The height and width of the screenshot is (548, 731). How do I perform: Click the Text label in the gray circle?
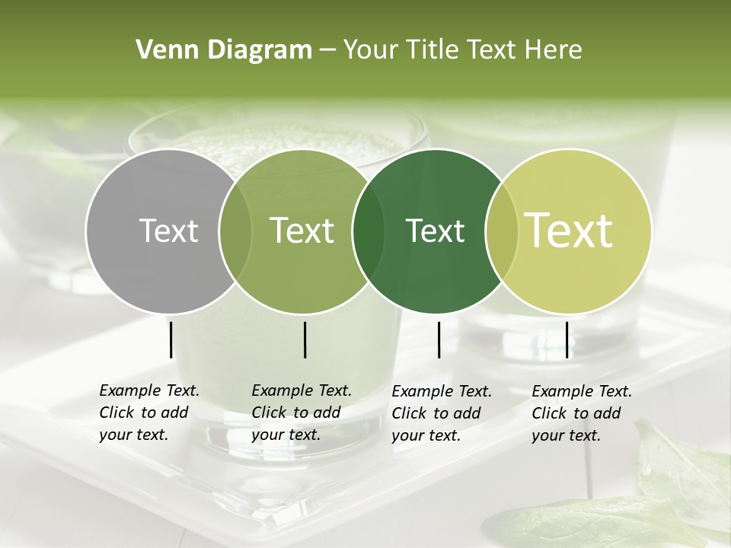coord(168,231)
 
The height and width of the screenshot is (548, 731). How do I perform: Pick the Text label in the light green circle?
coord(302,231)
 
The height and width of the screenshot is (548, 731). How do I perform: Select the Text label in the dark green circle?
coord(435,231)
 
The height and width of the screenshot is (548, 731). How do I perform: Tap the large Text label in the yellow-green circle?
coord(569,231)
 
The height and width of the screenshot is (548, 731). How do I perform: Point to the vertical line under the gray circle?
coord(171,339)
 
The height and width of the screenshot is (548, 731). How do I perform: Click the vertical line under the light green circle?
coord(305,339)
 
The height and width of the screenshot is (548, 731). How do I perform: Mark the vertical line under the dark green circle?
coord(439,339)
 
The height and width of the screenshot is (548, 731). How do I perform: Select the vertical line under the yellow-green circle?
coord(567,339)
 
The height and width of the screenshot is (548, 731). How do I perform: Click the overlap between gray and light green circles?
coord(235,231)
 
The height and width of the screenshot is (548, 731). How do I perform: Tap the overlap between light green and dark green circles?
coord(369,231)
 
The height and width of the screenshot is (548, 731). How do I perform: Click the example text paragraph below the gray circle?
coord(149,413)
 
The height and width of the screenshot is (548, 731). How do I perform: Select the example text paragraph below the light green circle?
coord(302,413)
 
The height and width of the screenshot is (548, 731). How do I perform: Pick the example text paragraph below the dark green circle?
coord(442,413)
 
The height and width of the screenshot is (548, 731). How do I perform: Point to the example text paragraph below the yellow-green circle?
coord(582,413)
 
